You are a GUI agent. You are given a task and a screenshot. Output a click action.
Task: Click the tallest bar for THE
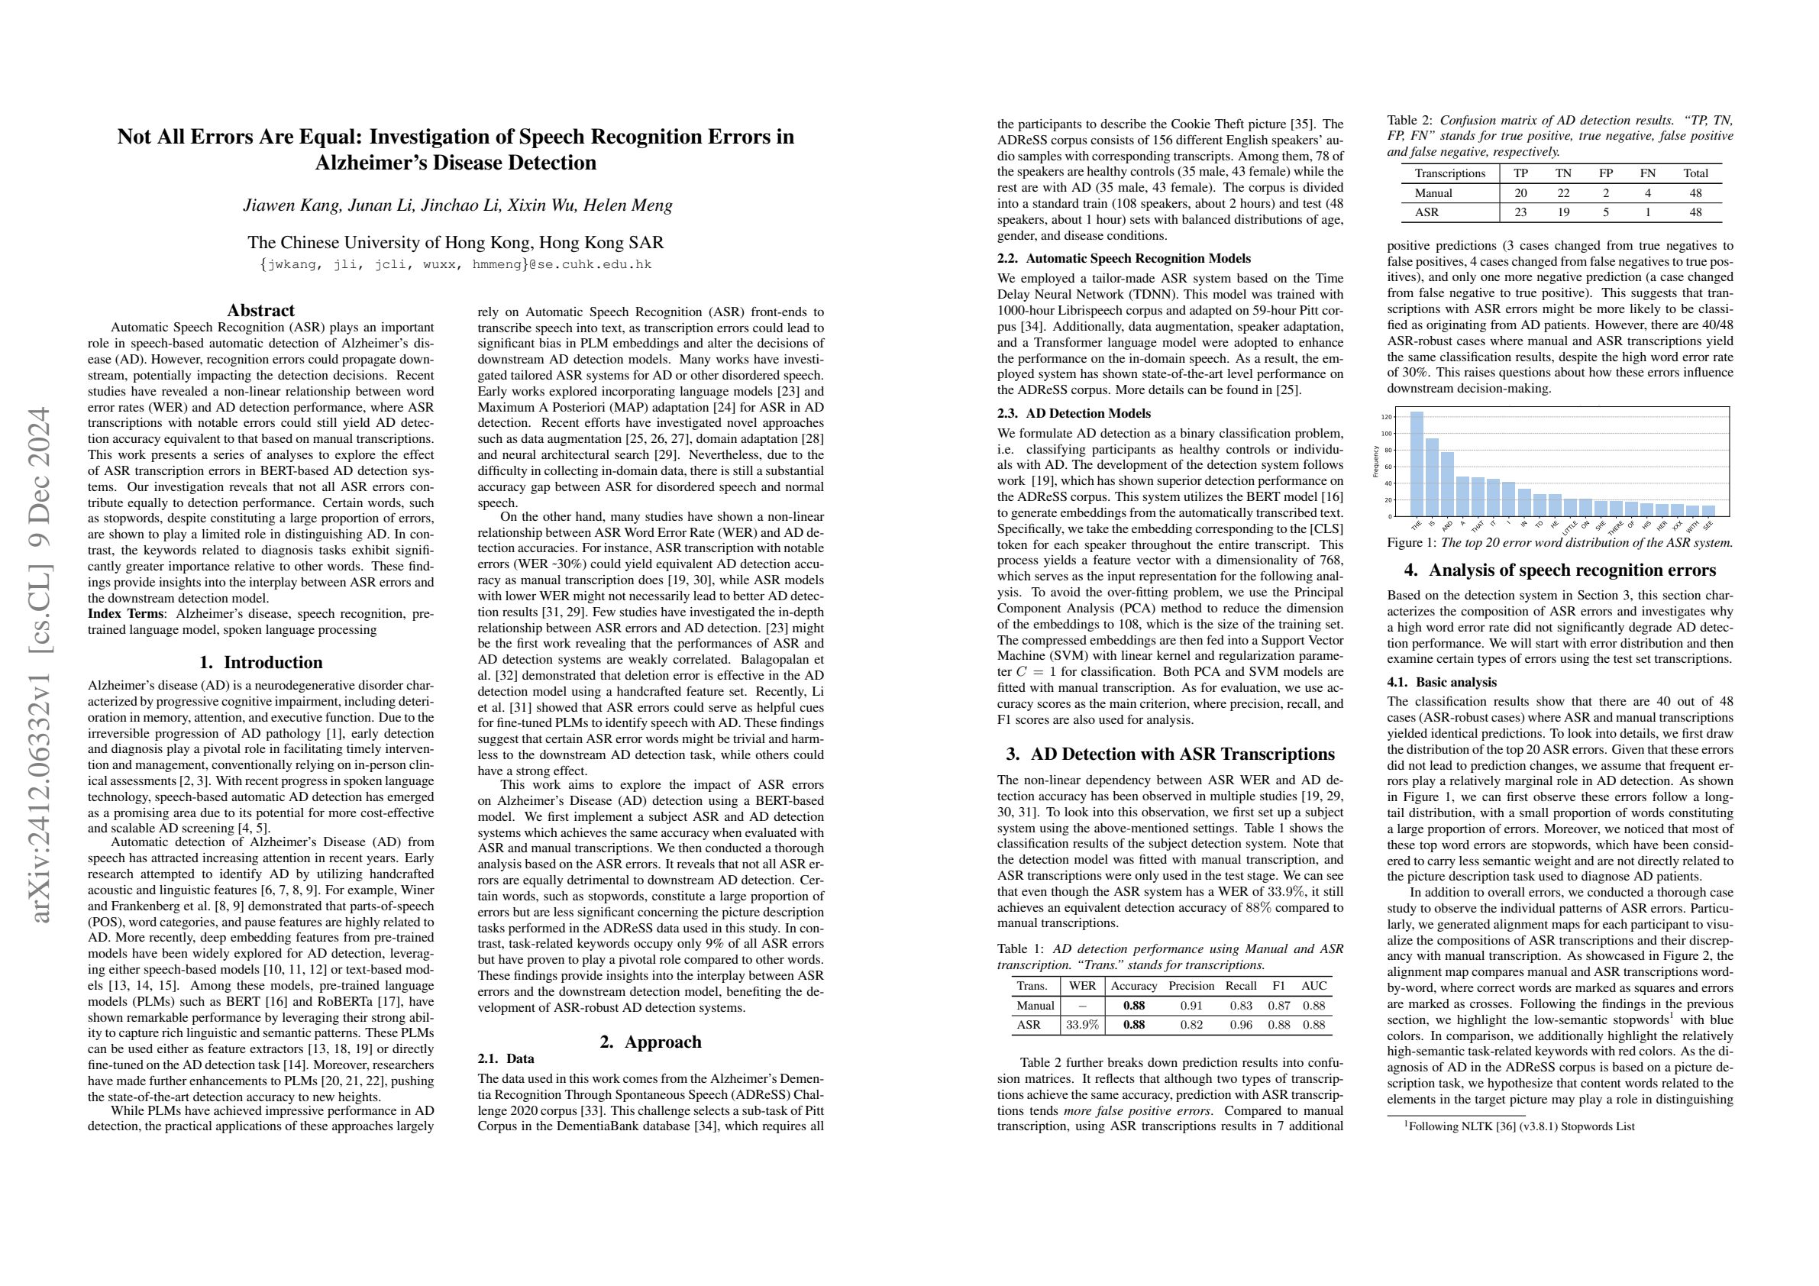click(1417, 464)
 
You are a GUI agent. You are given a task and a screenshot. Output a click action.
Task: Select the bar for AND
click(1447, 484)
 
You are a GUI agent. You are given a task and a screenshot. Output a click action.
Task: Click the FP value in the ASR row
click(1610, 212)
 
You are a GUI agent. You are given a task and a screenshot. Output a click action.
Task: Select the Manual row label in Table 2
click(1433, 192)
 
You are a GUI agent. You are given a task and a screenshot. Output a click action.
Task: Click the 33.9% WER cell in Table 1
click(1082, 1025)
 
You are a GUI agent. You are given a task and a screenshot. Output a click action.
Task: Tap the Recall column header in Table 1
click(1241, 987)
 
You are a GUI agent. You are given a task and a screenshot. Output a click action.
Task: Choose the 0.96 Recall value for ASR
click(1241, 1025)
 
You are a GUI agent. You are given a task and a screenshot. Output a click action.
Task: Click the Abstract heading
click(260, 310)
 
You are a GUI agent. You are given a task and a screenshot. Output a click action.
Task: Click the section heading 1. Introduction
click(260, 662)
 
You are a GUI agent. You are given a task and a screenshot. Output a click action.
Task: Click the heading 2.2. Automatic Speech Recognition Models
click(1123, 258)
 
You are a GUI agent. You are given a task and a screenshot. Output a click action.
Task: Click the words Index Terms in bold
click(126, 613)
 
